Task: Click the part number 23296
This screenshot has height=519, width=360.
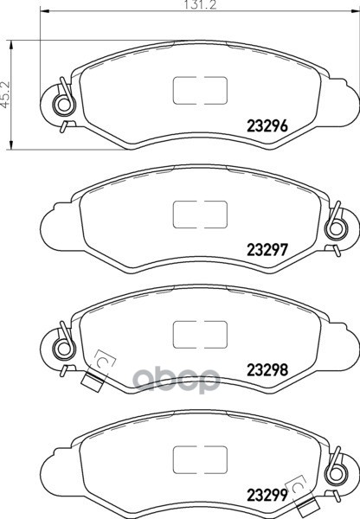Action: pos(267,126)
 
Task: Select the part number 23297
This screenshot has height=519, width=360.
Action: pos(267,250)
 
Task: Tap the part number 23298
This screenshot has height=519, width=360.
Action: pos(267,370)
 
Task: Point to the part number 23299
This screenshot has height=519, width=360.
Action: pos(267,495)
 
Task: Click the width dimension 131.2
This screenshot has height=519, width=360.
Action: pos(200,4)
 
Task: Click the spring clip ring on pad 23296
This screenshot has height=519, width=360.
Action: pos(63,105)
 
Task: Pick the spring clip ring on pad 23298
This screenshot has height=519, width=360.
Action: pos(63,349)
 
